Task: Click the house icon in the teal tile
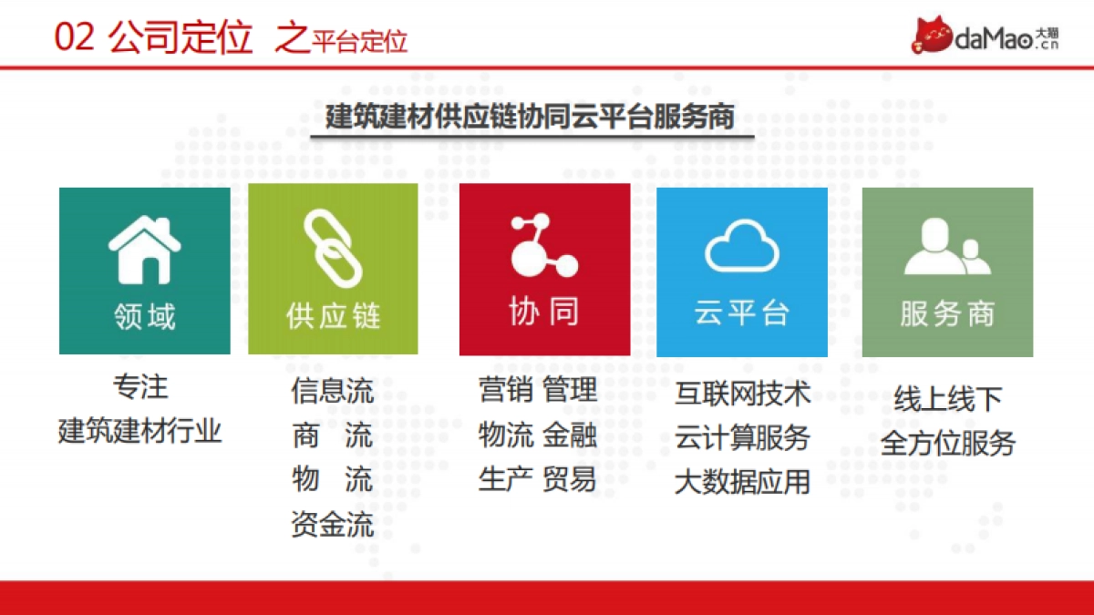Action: [144, 248]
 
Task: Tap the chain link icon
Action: [333, 248]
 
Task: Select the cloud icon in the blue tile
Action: [741, 246]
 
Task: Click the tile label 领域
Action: [144, 316]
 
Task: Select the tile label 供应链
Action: [333, 316]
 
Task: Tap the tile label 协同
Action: [543, 313]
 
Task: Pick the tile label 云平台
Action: [741, 313]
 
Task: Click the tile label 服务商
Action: [947, 313]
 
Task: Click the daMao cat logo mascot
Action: [932, 35]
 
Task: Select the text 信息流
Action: [332, 391]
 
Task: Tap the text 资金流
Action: [332, 525]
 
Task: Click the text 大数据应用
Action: [742, 481]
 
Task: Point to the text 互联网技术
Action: [742, 394]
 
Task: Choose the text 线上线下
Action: [947, 399]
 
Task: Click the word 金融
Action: [570, 436]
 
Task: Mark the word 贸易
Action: [570, 479]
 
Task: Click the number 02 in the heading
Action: [74, 39]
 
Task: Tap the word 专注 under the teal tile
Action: [140, 387]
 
